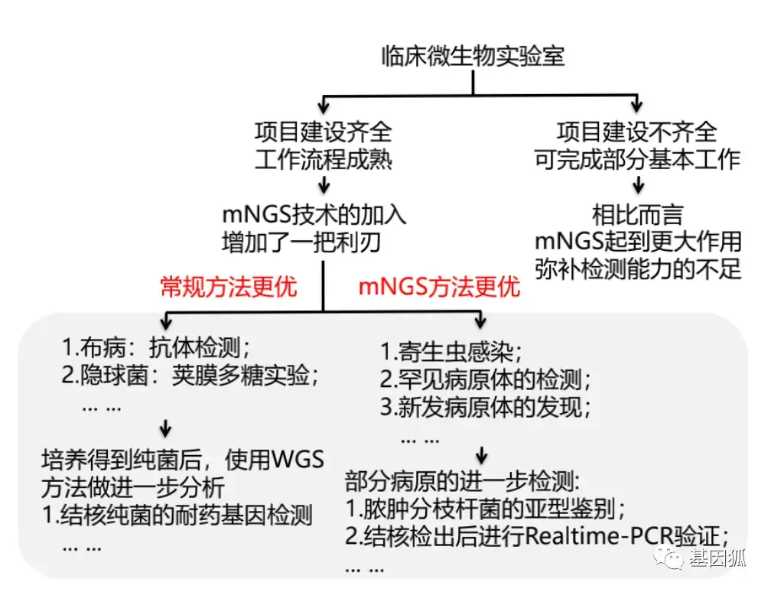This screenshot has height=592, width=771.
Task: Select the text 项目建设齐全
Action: coord(324,131)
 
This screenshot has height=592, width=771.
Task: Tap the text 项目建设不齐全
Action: coord(636,131)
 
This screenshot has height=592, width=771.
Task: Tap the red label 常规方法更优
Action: coord(228,287)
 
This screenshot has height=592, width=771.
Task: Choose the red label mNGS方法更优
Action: coord(439,287)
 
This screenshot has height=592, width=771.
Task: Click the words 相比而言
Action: coord(637,213)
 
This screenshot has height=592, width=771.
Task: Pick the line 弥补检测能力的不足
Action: coord(638,269)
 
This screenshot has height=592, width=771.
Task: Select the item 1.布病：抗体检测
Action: coord(156,348)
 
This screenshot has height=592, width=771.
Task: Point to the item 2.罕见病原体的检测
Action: coord(485,379)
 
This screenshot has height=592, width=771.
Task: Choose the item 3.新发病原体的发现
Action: coord(485,407)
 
